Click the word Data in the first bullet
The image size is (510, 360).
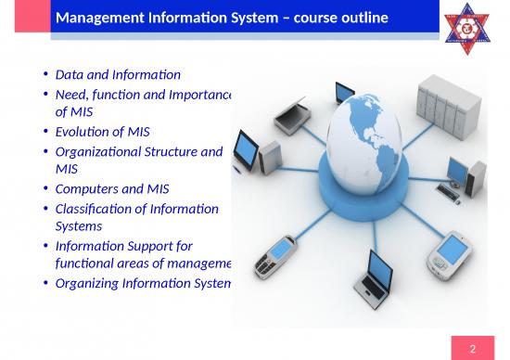[x=70, y=74]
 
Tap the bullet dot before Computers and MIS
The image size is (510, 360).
[x=46, y=189]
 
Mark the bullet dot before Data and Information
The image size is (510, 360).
[x=46, y=74]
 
